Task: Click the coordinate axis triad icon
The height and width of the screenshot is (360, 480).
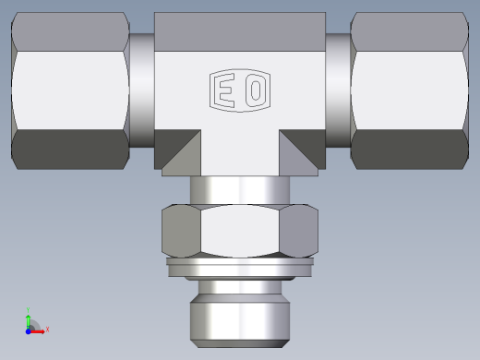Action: click(x=31, y=324)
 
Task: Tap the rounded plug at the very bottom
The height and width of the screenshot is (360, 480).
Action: click(x=239, y=313)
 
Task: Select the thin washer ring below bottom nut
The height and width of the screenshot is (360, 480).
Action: click(x=239, y=268)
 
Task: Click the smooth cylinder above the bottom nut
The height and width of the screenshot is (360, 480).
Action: click(x=239, y=189)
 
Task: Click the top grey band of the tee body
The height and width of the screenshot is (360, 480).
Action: click(x=239, y=30)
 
